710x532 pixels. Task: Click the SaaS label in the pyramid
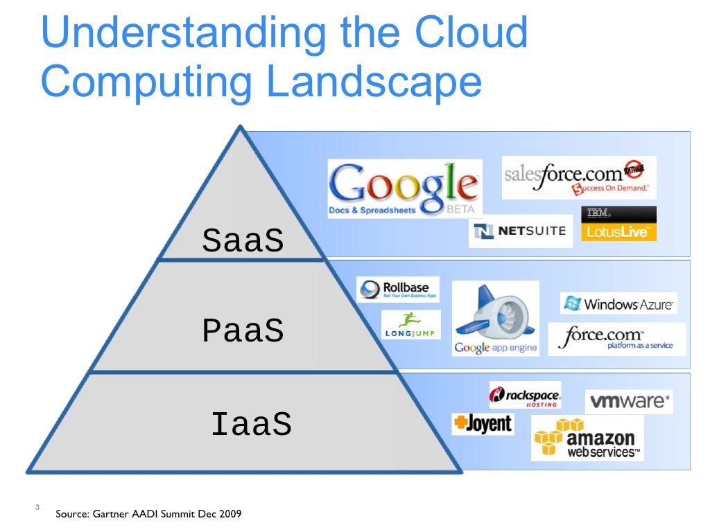[243, 241]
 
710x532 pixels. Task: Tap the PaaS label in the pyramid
[243, 332]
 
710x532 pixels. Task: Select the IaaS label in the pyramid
[251, 424]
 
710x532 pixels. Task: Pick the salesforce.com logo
[578, 177]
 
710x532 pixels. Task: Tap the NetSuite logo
[521, 231]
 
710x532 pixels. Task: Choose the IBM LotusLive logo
[618, 224]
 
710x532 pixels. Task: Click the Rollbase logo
[398, 289]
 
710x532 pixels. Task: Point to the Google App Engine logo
[495, 319]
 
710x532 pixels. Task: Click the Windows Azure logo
[618, 303]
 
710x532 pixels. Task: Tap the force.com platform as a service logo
[616, 339]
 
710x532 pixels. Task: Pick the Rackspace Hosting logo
[525, 396]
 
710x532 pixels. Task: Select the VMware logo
[629, 401]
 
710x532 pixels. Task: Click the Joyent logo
[483, 423]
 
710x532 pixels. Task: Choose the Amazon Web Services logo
[587, 438]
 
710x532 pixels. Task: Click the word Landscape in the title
[374, 82]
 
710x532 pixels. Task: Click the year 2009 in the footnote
[231, 514]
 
